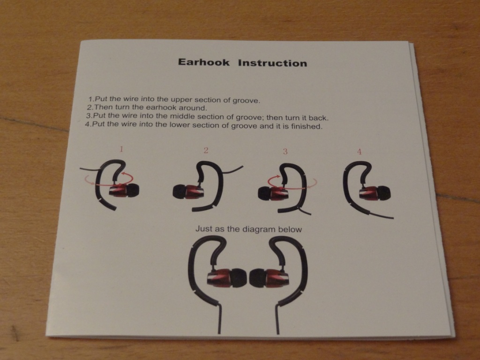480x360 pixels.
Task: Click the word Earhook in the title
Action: (x=203, y=62)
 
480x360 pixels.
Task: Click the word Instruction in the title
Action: (x=272, y=63)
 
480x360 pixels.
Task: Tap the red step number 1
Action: (x=121, y=149)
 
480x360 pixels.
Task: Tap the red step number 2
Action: (x=206, y=150)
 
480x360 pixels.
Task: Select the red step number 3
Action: (x=285, y=151)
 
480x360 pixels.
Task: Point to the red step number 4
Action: (x=360, y=151)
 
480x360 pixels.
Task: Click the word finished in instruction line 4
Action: (x=307, y=126)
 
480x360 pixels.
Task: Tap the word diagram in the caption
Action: (x=260, y=229)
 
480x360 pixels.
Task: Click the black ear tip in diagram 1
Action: (x=133, y=190)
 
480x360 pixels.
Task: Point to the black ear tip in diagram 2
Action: (x=180, y=192)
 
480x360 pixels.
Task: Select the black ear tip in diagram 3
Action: (x=265, y=194)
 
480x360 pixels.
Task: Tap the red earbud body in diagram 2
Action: (x=195, y=193)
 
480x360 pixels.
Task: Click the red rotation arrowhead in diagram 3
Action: (x=278, y=176)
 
